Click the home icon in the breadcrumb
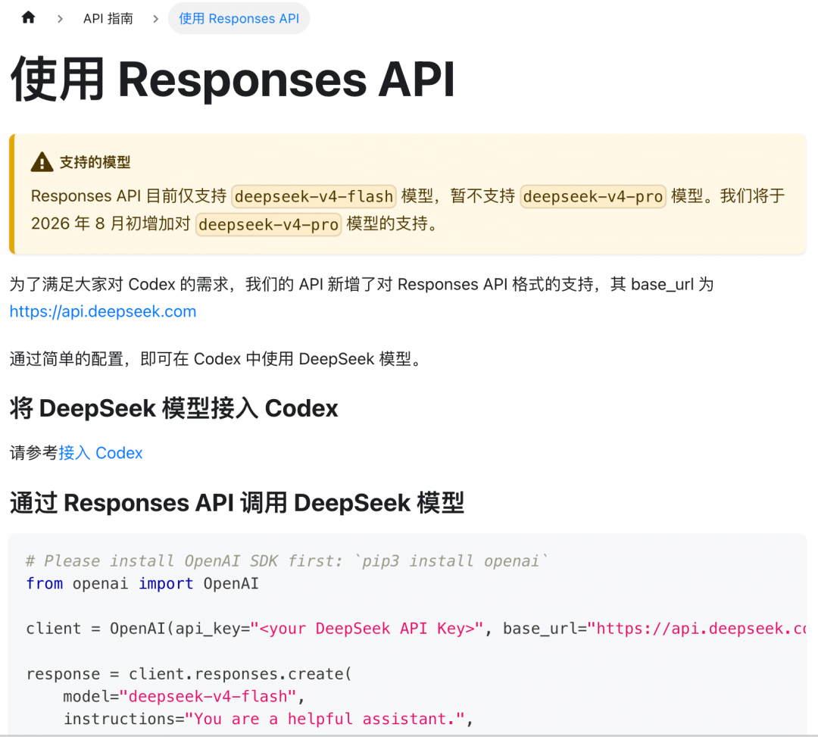click(28, 17)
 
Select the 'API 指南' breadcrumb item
click(108, 19)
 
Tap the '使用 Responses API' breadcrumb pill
click(239, 19)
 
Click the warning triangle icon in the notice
click(42, 162)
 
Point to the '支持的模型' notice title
click(95, 162)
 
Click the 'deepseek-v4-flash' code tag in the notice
click(314, 197)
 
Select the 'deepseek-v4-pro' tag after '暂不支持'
click(592, 197)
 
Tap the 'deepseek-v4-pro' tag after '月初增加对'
click(269, 225)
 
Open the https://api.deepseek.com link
click(103, 311)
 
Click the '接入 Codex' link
click(100, 453)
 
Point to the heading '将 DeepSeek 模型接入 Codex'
click(173, 408)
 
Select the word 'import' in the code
click(166, 584)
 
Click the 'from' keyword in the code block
click(45, 584)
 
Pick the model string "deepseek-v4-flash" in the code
click(208, 696)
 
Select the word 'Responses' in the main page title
click(242, 80)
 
